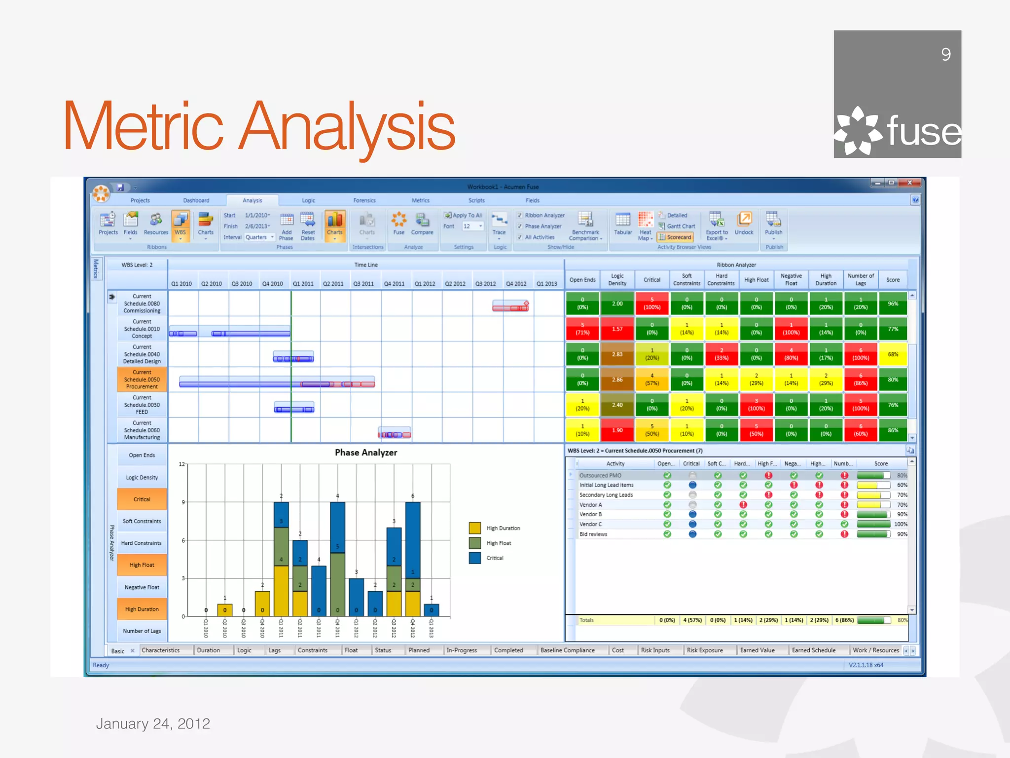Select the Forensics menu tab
(x=364, y=200)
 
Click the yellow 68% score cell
(x=893, y=354)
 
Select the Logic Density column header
(x=617, y=280)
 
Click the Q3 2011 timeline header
(x=363, y=284)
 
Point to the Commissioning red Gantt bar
(x=510, y=307)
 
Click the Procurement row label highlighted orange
(x=142, y=379)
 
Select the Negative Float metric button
(x=142, y=587)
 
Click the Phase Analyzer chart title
(x=365, y=453)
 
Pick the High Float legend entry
(x=498, y=543)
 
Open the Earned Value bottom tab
(x=757, y=650)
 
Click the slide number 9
(x=945, y=54)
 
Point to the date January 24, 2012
(x=153, y=723)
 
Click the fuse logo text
(x=923, y=131)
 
